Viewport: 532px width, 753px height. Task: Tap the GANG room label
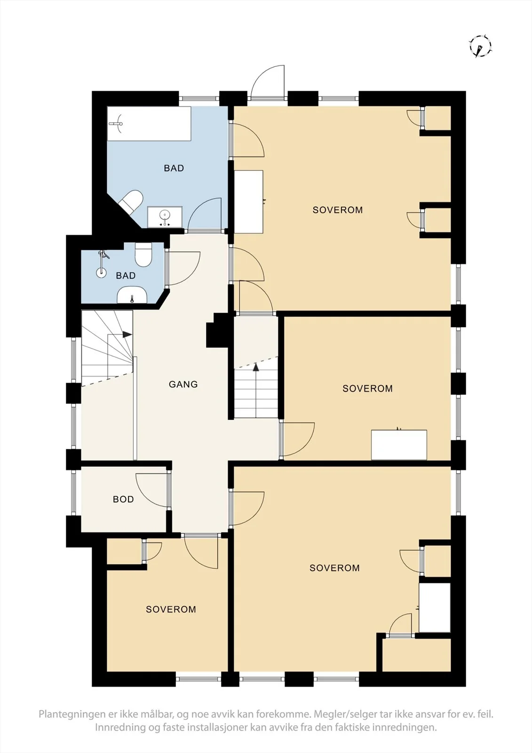(x=183, y=384)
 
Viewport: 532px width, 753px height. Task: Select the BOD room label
(x=123, y=499)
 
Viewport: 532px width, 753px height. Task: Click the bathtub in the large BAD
(x=149, y=124)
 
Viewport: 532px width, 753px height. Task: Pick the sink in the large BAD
(x=165, y=217)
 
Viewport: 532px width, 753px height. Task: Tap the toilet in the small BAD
(x=143, y=255)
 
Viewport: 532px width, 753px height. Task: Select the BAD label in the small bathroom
(x=126, y=276)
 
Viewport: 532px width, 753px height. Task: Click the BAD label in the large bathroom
(x=174, y=168)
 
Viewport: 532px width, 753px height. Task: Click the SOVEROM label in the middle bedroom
(x=367, y=389)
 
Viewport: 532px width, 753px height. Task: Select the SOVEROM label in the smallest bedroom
(x=171, y=609)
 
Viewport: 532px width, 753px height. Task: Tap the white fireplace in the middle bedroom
(x=399, y=444)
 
